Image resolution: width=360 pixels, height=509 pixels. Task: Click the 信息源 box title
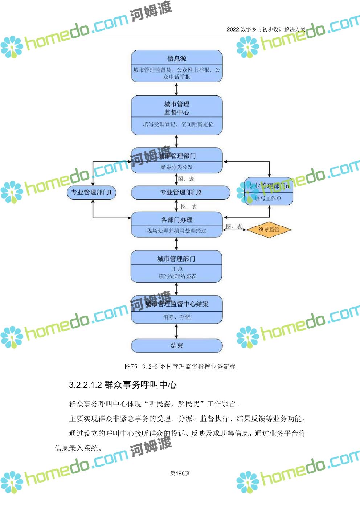(177, 58)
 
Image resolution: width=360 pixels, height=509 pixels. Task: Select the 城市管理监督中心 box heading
(177, 108)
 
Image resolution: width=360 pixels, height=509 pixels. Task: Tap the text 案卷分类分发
(177, 167)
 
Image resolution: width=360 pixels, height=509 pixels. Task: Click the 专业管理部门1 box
(91, 192)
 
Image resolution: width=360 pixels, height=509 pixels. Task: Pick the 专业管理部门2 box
(180, 192)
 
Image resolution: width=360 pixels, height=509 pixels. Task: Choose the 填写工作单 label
(268, 198)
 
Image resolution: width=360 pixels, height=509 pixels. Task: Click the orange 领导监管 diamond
(269, 229)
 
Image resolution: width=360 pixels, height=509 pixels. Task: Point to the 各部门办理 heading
(177, 220)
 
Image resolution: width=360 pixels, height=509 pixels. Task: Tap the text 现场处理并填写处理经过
(177, 231)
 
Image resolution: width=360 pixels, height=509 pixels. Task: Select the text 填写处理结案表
(177, 276)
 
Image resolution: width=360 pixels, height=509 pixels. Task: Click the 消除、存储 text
(177, 317)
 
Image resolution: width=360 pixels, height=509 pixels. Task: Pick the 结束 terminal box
(177, 346)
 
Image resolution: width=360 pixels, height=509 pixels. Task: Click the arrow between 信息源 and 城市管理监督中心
(177, 89)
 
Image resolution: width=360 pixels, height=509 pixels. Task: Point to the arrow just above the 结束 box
(177, 331)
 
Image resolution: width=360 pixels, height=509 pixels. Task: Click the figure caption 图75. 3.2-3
(141, 366)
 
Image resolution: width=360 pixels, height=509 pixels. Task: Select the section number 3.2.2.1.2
(85, 385)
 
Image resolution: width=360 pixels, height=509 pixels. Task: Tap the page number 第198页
(180, 473)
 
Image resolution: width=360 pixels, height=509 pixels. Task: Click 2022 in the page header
(233, 29)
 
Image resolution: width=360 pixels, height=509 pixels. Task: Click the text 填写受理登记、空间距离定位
(178, 124)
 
